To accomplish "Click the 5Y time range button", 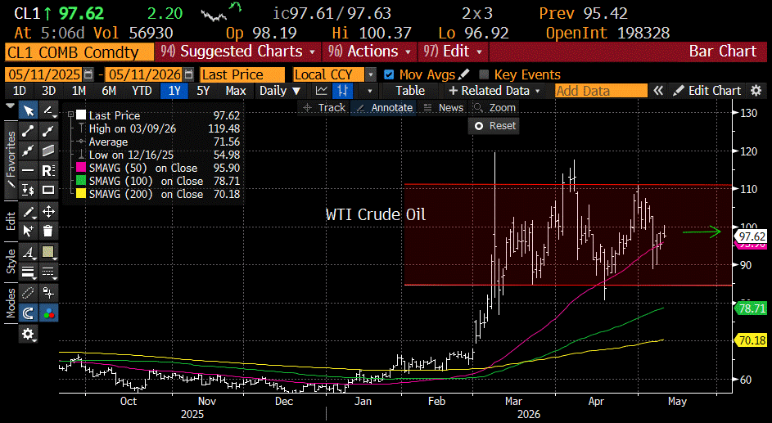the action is [x=203, y=91].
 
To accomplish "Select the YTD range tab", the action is [x=142, y=91].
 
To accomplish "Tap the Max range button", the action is [x=236, y=91].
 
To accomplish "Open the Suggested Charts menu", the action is [x=237, y=52].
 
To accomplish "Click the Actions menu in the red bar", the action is [x=369, y=52].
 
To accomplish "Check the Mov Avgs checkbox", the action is [x=389, y=74].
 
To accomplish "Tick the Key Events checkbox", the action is [x=484, y=74].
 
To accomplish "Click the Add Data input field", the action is [x=601, y=91].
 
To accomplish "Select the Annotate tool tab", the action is [x=385, y=108].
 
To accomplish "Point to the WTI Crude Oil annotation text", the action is [x=376, y=214].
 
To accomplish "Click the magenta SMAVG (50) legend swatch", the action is [x=81, y=169].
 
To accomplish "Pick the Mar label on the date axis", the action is [x=513, y=402].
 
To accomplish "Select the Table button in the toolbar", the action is [x=410, y=91].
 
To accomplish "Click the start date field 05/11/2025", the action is [x=45, y=74].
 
